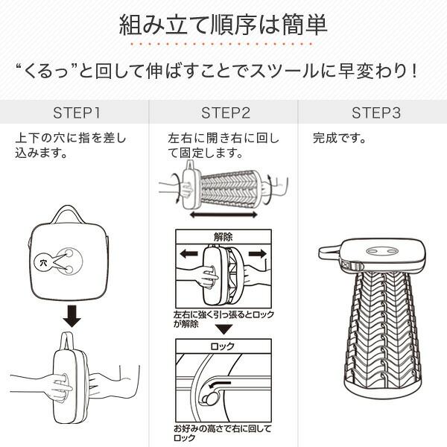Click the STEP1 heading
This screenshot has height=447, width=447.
77,113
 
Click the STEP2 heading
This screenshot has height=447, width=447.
226,113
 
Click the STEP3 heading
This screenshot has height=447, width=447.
376,113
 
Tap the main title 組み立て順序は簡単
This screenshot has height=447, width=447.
223,25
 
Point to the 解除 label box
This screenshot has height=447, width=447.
223,237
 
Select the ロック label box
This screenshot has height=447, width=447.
223,346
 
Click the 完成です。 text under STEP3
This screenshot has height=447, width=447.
339,139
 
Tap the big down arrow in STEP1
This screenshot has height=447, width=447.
72,316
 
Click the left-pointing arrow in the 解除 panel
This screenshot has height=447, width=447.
189,253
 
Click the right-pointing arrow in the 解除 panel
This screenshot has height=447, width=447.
258,253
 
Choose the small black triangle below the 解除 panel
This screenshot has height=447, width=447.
223,329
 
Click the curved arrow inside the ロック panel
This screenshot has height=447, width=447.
220,384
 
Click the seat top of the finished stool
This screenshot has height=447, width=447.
382,254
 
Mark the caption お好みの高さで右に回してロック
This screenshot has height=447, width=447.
222,434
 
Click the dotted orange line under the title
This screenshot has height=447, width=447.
221,44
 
